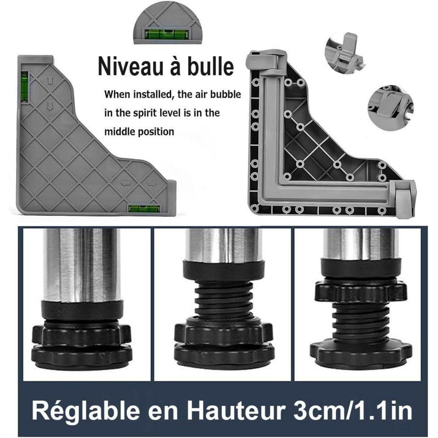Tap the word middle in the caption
(118, 132)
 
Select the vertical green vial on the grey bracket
(24, 87)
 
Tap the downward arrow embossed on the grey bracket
(50, 105)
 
